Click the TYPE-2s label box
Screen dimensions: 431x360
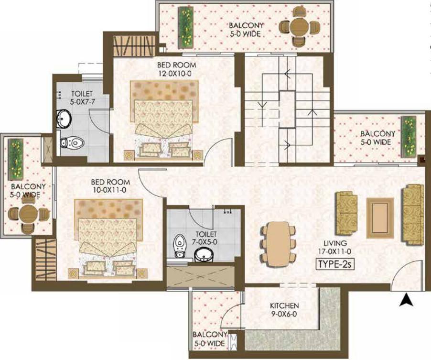335,264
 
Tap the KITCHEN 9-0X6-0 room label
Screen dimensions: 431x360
284,309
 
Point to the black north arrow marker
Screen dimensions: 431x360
407,299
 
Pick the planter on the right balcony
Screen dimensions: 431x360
409,137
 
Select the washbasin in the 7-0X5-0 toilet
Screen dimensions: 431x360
204,254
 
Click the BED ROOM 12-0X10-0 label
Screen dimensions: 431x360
176,69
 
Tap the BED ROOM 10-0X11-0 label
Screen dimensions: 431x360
110,186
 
